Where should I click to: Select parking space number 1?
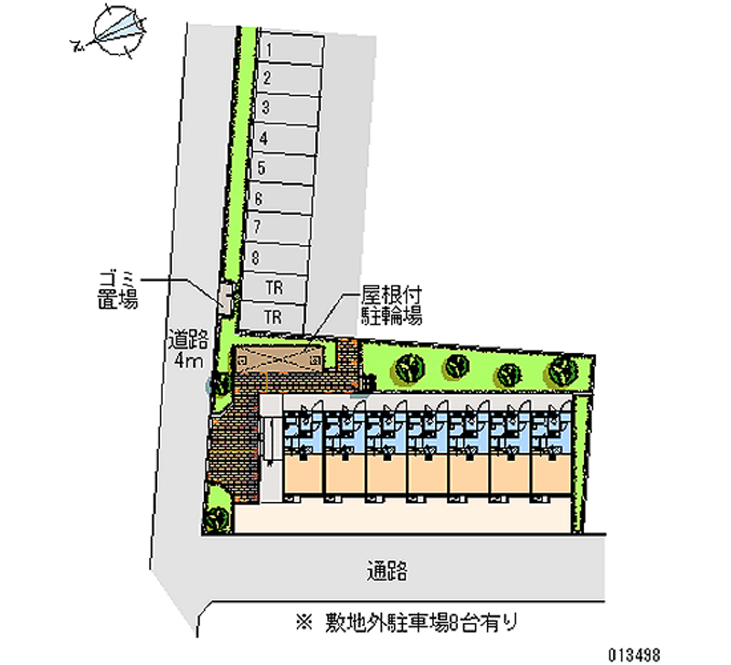tap(291, 48)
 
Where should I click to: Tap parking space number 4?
tap(284, 139)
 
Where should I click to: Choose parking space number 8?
tap(277, 258)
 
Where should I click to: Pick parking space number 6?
tap(281, 198)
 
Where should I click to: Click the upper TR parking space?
tap(273, 287)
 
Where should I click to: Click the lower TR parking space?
tap(272, 317)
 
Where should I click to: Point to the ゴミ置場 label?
tap(118, 290)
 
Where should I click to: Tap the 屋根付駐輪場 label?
tap(392, 306)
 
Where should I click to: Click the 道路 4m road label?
tap(188, 349)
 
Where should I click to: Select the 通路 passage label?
tap(387, 571)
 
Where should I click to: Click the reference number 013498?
tap(633, 655)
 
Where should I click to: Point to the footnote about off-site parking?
tap(407, 623)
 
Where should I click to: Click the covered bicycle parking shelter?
tap(279, 359)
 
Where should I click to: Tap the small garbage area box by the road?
tap(226, 299)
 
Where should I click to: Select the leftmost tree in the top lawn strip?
tap(409, 369)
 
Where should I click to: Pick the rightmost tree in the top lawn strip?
tap(563, 370)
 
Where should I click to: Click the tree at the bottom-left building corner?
tap(218, 517)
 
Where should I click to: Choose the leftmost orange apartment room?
tap(303, 473)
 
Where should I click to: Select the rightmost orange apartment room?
tap(551, 473)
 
